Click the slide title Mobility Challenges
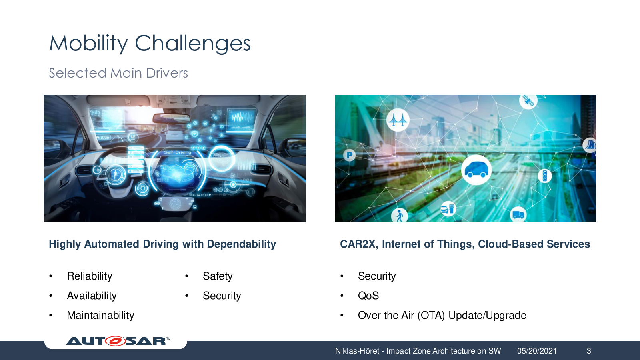(x=150, y=44)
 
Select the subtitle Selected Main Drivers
(x=118, y=73)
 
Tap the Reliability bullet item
(x=90, y=276)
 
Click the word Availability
(x=92, y=296)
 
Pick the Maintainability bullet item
(x=100, y=315)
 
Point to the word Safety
(x=218, y=276)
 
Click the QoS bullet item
(x=368, y=296)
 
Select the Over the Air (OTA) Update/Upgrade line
(x=442, y=315)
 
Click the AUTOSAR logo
(x=118, y=341)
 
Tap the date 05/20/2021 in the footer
(x=537, y=351)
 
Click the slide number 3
(x=589, y=351)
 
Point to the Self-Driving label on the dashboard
(x=178, y=152)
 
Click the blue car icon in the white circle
(x=476, y=170)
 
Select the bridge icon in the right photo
(x=398, y=120)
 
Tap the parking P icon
(x=349, y=156)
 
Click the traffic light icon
(x=544, y=176)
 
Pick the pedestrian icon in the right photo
(x=400, y=215)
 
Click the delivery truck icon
(x=518, y=214)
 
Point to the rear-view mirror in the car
(x=172, y=118)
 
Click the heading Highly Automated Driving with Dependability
(x=162, y=244)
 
